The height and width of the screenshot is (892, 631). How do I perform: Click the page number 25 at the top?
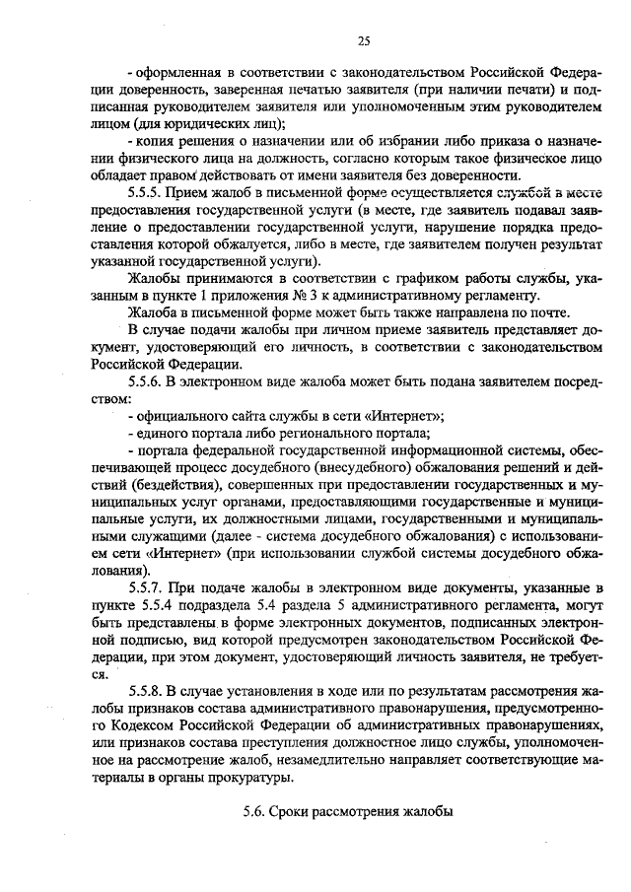363,40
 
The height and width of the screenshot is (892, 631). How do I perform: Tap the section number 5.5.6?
148,381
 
